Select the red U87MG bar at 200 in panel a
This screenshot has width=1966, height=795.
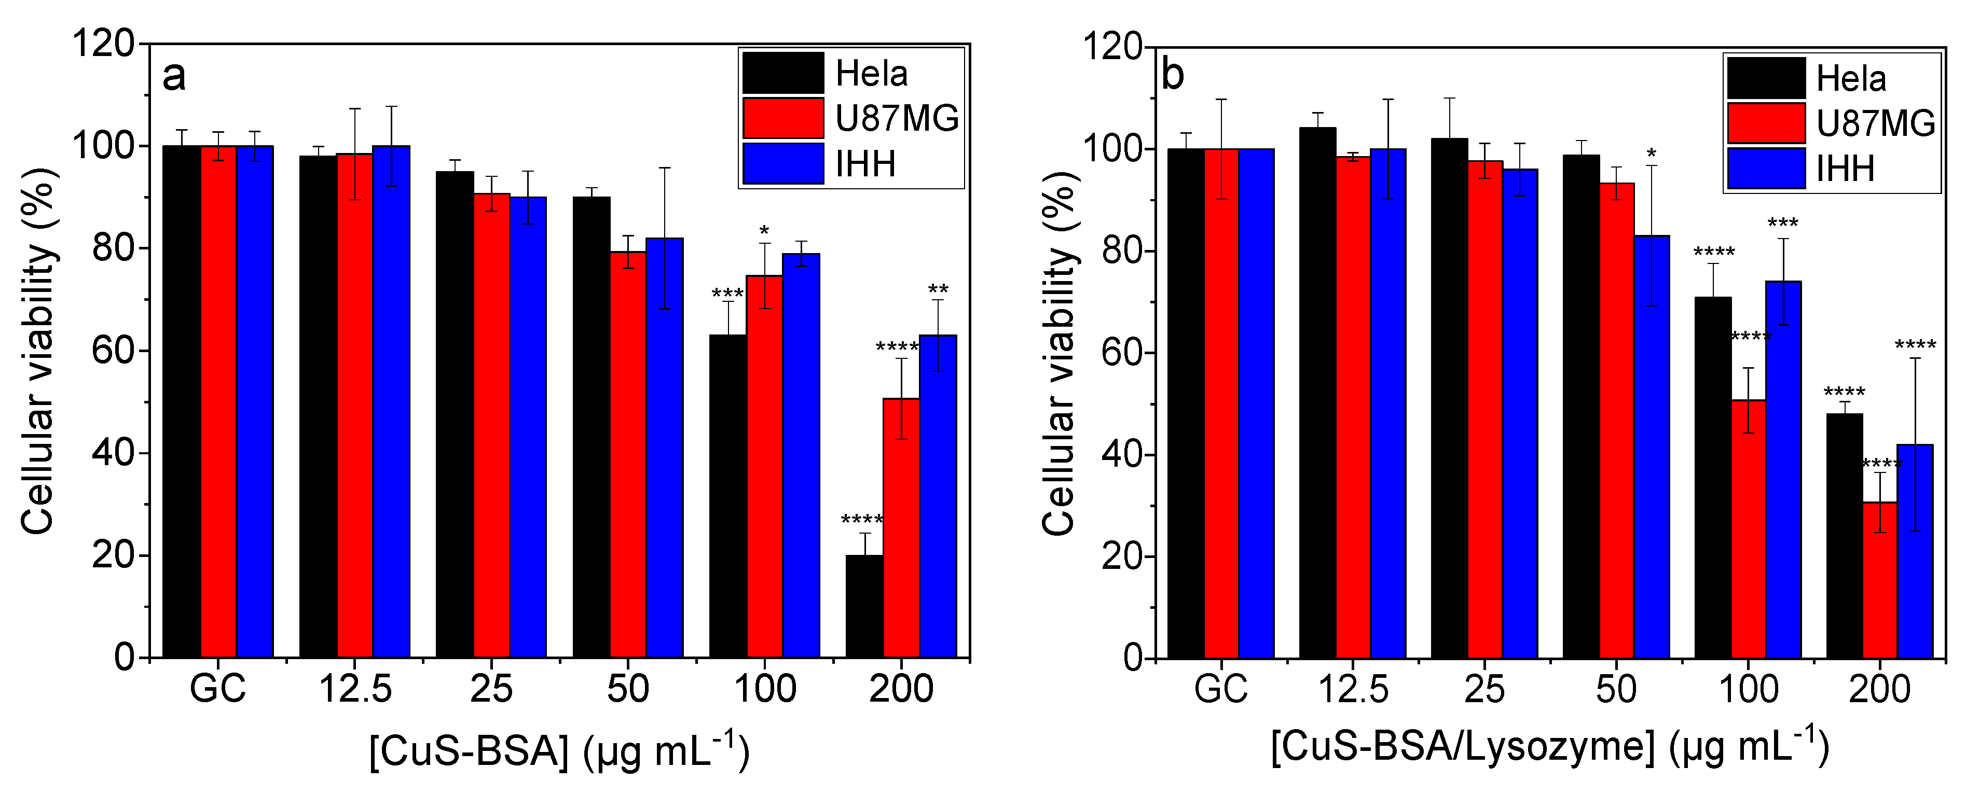[901, 526]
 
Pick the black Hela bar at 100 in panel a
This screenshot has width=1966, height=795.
[728, 496]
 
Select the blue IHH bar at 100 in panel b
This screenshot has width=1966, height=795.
[1783, 469]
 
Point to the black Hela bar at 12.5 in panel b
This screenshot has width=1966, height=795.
[1317, 393]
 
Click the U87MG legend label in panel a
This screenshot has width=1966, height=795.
[897, 118]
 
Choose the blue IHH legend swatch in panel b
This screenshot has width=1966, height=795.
[1766, 169]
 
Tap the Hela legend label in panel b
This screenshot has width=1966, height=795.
[1851, 79]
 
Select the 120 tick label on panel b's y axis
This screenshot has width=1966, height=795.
[1113, 47]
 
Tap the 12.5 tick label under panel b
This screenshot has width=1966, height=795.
[1353, 689]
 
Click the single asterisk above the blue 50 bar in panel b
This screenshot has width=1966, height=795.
[1652, 156]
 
